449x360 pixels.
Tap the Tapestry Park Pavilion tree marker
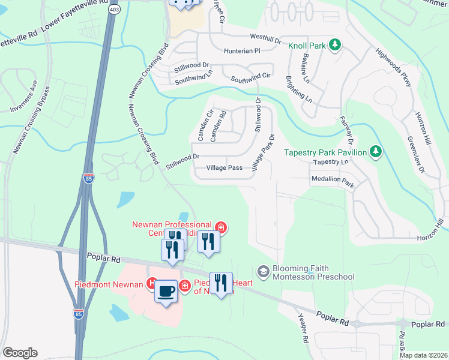tap(376, 152)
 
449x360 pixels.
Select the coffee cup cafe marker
tap(166, 292)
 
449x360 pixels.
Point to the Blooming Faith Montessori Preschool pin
tap(262, 272)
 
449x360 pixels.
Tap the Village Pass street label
tap(224, 168)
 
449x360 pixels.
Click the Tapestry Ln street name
tap(330, 162)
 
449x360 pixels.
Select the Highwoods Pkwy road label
tap(394, 67)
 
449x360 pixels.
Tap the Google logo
tap(20, 353)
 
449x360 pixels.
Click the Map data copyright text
tap(423, 355)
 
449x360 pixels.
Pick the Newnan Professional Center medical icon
tap(220, 227)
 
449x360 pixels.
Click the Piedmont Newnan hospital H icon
tap(153, 283)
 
